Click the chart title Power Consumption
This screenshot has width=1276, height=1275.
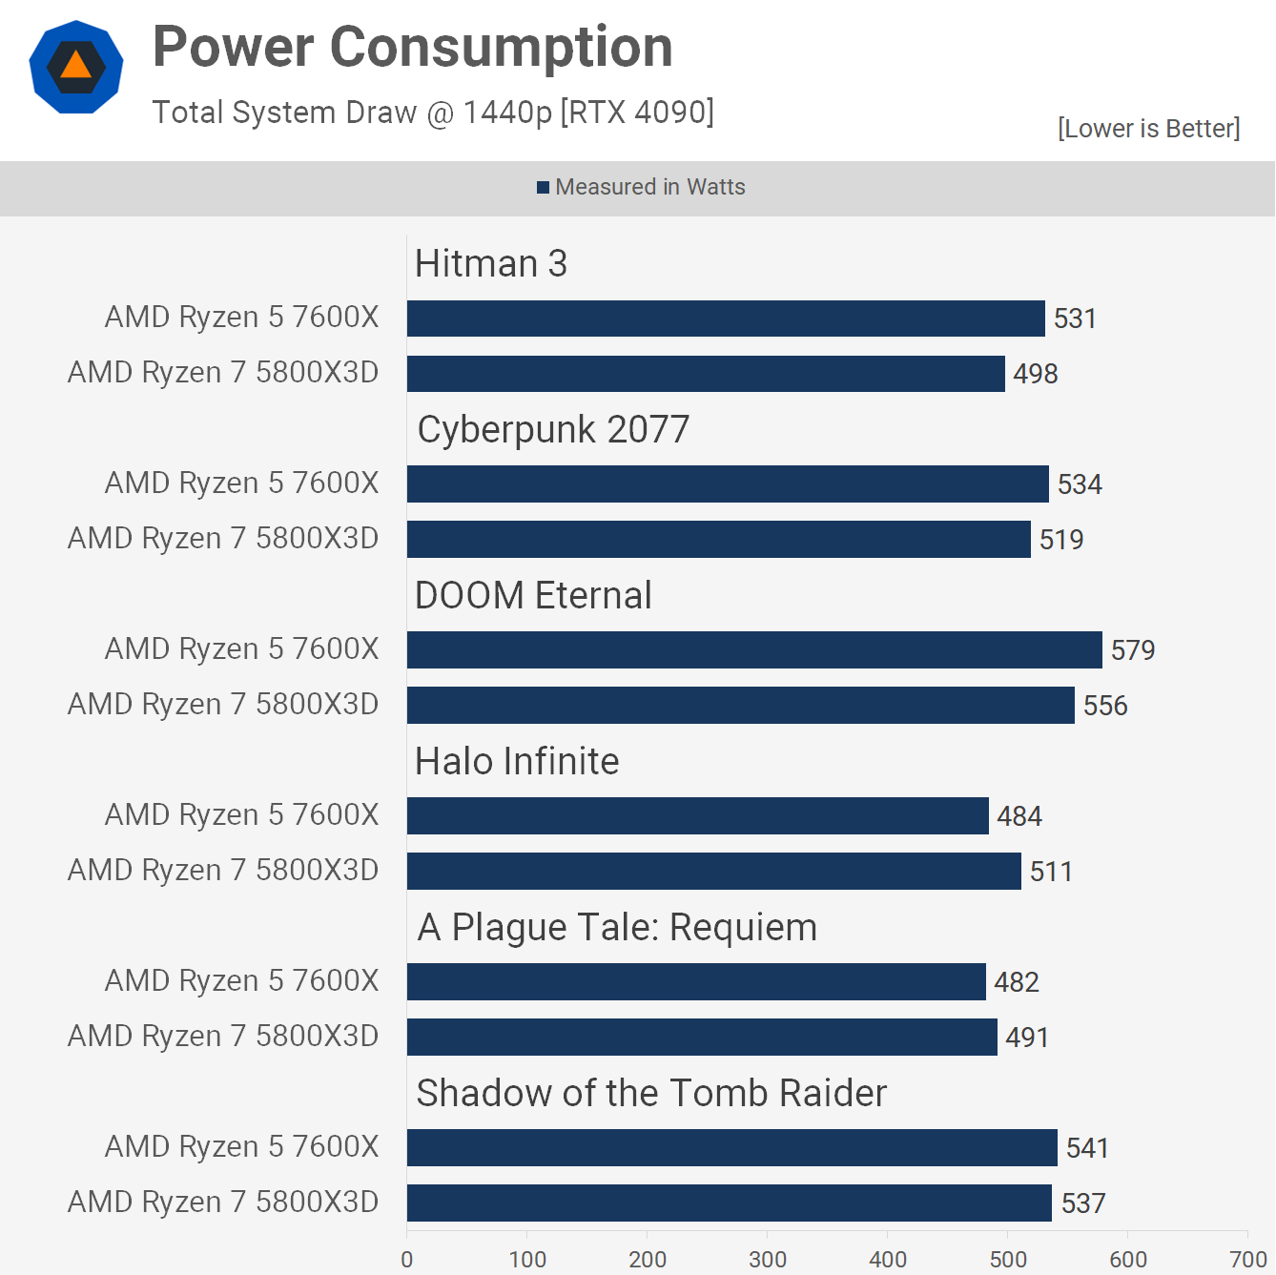[x=412, y=48]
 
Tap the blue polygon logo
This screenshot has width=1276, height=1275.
[x=76, y=67]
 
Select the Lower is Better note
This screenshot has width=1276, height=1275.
[x=1148, y=129]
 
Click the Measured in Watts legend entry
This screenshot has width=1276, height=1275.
[x=641, y=187]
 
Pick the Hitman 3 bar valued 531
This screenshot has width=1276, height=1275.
[x=725, y=319]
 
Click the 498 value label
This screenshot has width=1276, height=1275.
[x=1035, y=374]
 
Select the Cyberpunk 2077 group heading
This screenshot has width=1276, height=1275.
[x=553, y=430]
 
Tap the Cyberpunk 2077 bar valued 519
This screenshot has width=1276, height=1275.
[x=718, y=540]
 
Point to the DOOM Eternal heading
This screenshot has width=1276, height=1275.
[x=533, y=596]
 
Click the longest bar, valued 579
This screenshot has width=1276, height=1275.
[x=753, y=650]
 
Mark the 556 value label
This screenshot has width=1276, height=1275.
[x=1104, y=706]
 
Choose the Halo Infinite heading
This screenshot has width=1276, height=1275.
[x=517, y=762]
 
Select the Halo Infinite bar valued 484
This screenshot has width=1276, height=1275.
[x=697, y=816]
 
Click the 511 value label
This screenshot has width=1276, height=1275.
[x=1051, y=872]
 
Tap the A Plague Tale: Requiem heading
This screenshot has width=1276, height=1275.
[x=617, y=928]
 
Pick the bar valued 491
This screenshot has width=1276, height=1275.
[x=701, y=1038]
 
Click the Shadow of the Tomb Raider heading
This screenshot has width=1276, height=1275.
[x=651, y=1094]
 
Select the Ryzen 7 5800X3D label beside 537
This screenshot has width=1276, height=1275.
[x=223, y=1203]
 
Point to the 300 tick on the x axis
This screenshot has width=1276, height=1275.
[x=768, y=1260]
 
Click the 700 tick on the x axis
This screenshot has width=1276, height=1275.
[x=1247, y=1260]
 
